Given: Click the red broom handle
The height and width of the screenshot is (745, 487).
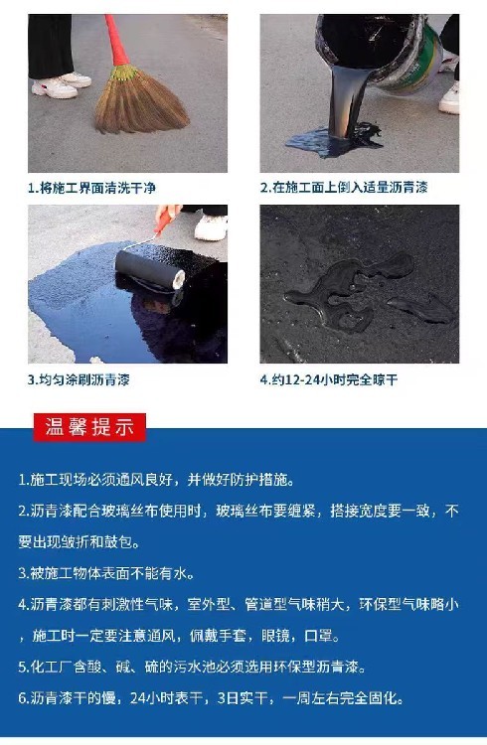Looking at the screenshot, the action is (117, 41).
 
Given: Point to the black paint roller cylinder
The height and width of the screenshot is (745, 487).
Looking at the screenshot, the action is (150, 270).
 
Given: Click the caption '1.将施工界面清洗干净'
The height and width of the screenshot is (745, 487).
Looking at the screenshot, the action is (91, 188).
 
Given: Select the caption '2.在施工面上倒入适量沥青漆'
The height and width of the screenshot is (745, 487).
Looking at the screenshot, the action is (344, 187).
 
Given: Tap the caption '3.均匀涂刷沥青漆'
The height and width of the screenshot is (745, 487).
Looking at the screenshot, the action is (79, 379).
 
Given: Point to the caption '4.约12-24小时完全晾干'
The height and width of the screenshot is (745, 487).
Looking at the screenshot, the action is (329, 379).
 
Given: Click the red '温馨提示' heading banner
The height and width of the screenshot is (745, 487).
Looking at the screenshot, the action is (89, 427).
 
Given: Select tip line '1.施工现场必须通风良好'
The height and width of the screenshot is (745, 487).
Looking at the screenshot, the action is (156, 480).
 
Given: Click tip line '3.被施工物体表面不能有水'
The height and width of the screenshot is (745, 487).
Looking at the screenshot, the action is (106, 573).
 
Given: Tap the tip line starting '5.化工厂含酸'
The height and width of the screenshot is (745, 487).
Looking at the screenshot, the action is (192, 667).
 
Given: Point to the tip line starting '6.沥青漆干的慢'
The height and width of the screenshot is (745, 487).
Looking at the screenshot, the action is (211, 698).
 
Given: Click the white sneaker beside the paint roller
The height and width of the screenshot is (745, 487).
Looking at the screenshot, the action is (211, 227).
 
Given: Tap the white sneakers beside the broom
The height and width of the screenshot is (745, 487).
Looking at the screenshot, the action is (61, 85).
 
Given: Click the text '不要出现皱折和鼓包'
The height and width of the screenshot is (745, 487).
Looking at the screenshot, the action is (79, 541).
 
